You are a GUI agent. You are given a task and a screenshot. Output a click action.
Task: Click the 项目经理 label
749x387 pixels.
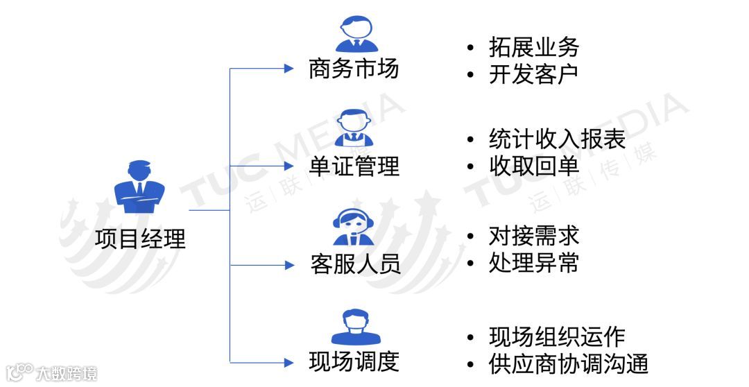(141, 239)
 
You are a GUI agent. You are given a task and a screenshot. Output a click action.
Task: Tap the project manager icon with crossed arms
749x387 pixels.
(140, 187)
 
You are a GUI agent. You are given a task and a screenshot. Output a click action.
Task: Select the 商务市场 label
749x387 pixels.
(354, 69)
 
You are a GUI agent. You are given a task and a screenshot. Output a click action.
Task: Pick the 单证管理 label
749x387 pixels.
(354, 166)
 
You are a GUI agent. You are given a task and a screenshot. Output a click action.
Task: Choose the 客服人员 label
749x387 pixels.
(355, 265)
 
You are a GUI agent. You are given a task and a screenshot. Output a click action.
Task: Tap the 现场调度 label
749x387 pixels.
(354, 361)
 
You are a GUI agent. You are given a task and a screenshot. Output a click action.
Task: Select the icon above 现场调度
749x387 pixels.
(355, 326)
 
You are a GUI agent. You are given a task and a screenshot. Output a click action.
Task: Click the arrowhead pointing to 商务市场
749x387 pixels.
(290, 69)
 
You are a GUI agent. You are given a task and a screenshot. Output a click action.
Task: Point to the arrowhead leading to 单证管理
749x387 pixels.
(290, 166)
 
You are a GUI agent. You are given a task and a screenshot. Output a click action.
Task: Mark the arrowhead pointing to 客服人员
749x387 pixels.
(290, 265)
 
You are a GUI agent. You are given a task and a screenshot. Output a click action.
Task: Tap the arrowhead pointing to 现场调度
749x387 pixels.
(290, 362)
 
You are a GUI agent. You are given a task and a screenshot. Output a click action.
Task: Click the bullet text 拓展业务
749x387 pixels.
(533, 47)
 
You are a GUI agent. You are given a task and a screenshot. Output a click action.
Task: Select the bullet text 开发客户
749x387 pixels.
(533, 74)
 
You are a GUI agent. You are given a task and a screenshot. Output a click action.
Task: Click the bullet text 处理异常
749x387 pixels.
(533, 264)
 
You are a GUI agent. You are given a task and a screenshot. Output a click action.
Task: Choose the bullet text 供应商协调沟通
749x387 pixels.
(568, 363)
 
